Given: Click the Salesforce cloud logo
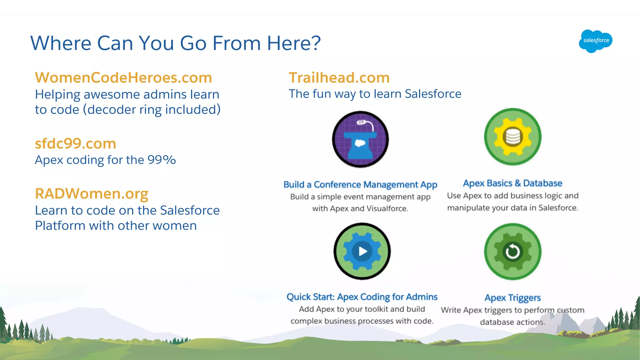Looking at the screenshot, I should tap(595, 41).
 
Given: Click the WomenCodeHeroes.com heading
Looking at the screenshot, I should tap(123, 77).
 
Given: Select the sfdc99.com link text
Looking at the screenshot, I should tap(75, 143).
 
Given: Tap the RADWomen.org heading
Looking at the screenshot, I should tap(92, 193).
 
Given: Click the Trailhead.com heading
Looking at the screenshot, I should tap(339, 77).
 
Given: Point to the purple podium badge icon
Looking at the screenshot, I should tap(360, 139).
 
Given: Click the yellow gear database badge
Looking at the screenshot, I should tap(512, 137).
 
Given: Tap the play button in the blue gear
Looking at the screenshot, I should tap(362, 251).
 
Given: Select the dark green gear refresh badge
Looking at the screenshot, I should tap(512, 251).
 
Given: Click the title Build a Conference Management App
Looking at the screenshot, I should tap(360, 184).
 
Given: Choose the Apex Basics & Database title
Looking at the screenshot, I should tap(512, 183).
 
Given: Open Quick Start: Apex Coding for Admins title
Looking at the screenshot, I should tap(362, 297).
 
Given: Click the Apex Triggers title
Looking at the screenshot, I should tap(512, 297).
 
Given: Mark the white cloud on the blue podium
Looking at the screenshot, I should tap(360, 143).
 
